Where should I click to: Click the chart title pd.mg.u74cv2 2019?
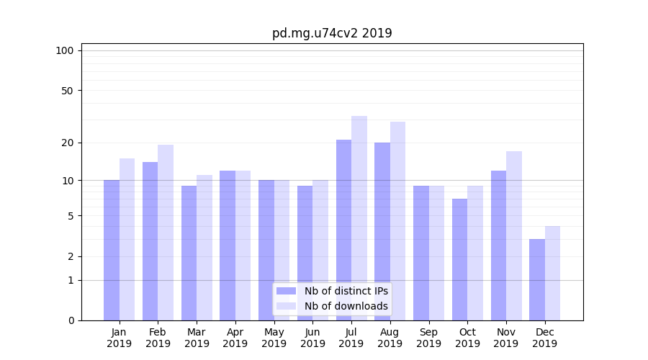point(332,33)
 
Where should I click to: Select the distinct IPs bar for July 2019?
point(343,230)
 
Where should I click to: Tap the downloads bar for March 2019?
point(204,248)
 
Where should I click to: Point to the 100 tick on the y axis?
point(65,50)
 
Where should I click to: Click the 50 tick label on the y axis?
point(67,91)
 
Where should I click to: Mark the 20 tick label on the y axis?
point(67,143)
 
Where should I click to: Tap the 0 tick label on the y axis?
point(71,320)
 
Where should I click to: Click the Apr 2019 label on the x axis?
point(235,338)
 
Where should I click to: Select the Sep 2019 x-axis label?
point(428,338)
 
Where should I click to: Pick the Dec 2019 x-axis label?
point(544,338)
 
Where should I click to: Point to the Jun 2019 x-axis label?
point(312,338)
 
